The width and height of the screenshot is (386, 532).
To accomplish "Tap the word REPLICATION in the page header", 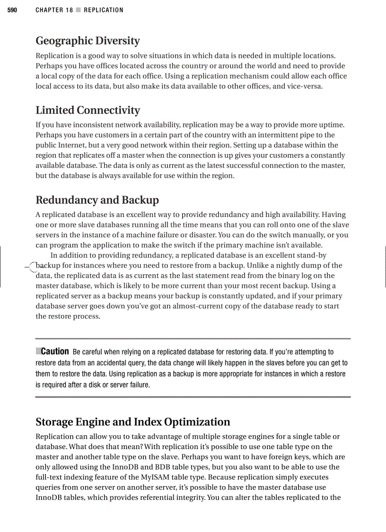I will point(104,10).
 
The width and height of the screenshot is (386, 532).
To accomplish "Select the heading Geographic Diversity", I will point(88,41).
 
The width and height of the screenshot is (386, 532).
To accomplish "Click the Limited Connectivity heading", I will point(88,110).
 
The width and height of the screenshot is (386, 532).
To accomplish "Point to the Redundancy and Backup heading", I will point(97,200).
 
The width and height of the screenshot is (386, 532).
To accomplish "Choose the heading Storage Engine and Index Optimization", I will point(133,422).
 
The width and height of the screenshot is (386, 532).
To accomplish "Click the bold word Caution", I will point(55,352).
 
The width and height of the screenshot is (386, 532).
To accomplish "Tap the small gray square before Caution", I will point(38,351).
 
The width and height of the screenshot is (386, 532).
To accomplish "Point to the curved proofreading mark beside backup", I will point(31,267).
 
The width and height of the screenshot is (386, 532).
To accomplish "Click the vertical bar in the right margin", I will point(385,266).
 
